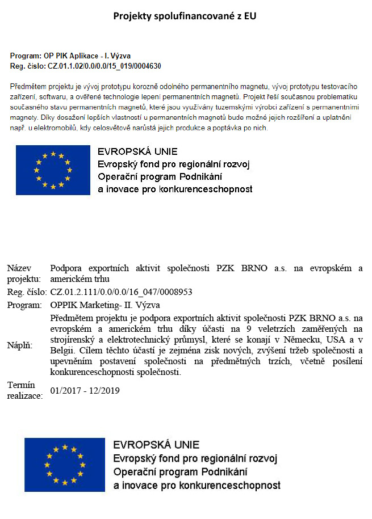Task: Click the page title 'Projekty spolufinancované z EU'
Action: tap(185, 16)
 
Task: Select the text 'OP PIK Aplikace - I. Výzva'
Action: tap(87, 56)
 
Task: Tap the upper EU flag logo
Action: tap(53, 170)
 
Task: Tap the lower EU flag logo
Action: tap(65, 465)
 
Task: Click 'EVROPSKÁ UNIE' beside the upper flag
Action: tap(137, 152)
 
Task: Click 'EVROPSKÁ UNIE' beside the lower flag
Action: tap(156, 445)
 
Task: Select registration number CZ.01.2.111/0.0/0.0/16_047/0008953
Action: tap(122, 292)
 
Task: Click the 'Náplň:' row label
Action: tap(20, 345)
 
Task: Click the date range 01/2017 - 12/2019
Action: tap(85, 391)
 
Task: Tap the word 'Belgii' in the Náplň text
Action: tap(62, 351)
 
